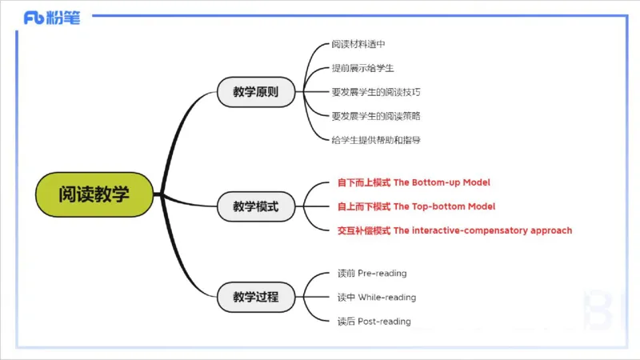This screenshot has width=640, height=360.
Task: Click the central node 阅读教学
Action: click(x=94, y=194)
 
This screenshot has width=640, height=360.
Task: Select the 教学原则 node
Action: click(x=256, y=92)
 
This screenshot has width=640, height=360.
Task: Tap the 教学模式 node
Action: click(x=256, y=206)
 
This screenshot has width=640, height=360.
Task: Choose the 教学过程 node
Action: click(x=256, y=297)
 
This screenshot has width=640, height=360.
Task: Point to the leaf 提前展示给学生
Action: click(x=362, y=68)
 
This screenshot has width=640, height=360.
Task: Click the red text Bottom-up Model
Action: click(x=450, y=182)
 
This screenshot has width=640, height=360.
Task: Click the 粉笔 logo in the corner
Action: click(x=52, y=18)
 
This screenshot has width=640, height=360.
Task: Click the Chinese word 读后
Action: click(x=346, y=322)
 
